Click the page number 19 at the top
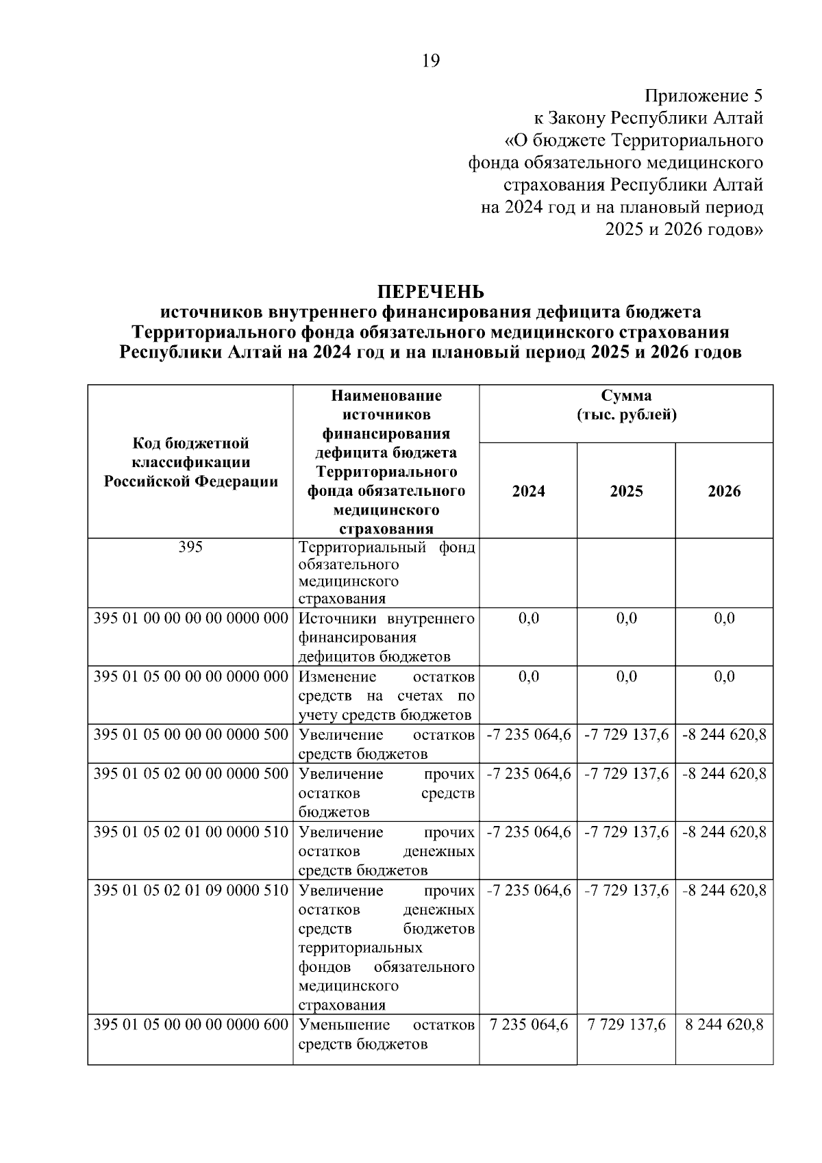431,61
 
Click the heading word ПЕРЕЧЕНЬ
431,292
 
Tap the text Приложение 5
703,96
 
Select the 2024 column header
528,491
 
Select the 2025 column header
626,491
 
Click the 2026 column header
724,491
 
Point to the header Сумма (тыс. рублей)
626,405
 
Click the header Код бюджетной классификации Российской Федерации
191,462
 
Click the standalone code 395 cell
190,547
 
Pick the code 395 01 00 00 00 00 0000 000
191,618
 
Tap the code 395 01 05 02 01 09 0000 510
191,890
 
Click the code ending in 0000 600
191,1025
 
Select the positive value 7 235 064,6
528,1025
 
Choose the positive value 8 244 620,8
724,1025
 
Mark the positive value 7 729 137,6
626,1025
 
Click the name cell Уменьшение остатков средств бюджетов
386,1034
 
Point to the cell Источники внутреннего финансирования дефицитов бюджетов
386,637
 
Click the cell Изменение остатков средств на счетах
386,695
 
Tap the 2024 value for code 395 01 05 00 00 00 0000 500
528,735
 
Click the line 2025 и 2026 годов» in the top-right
684,229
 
